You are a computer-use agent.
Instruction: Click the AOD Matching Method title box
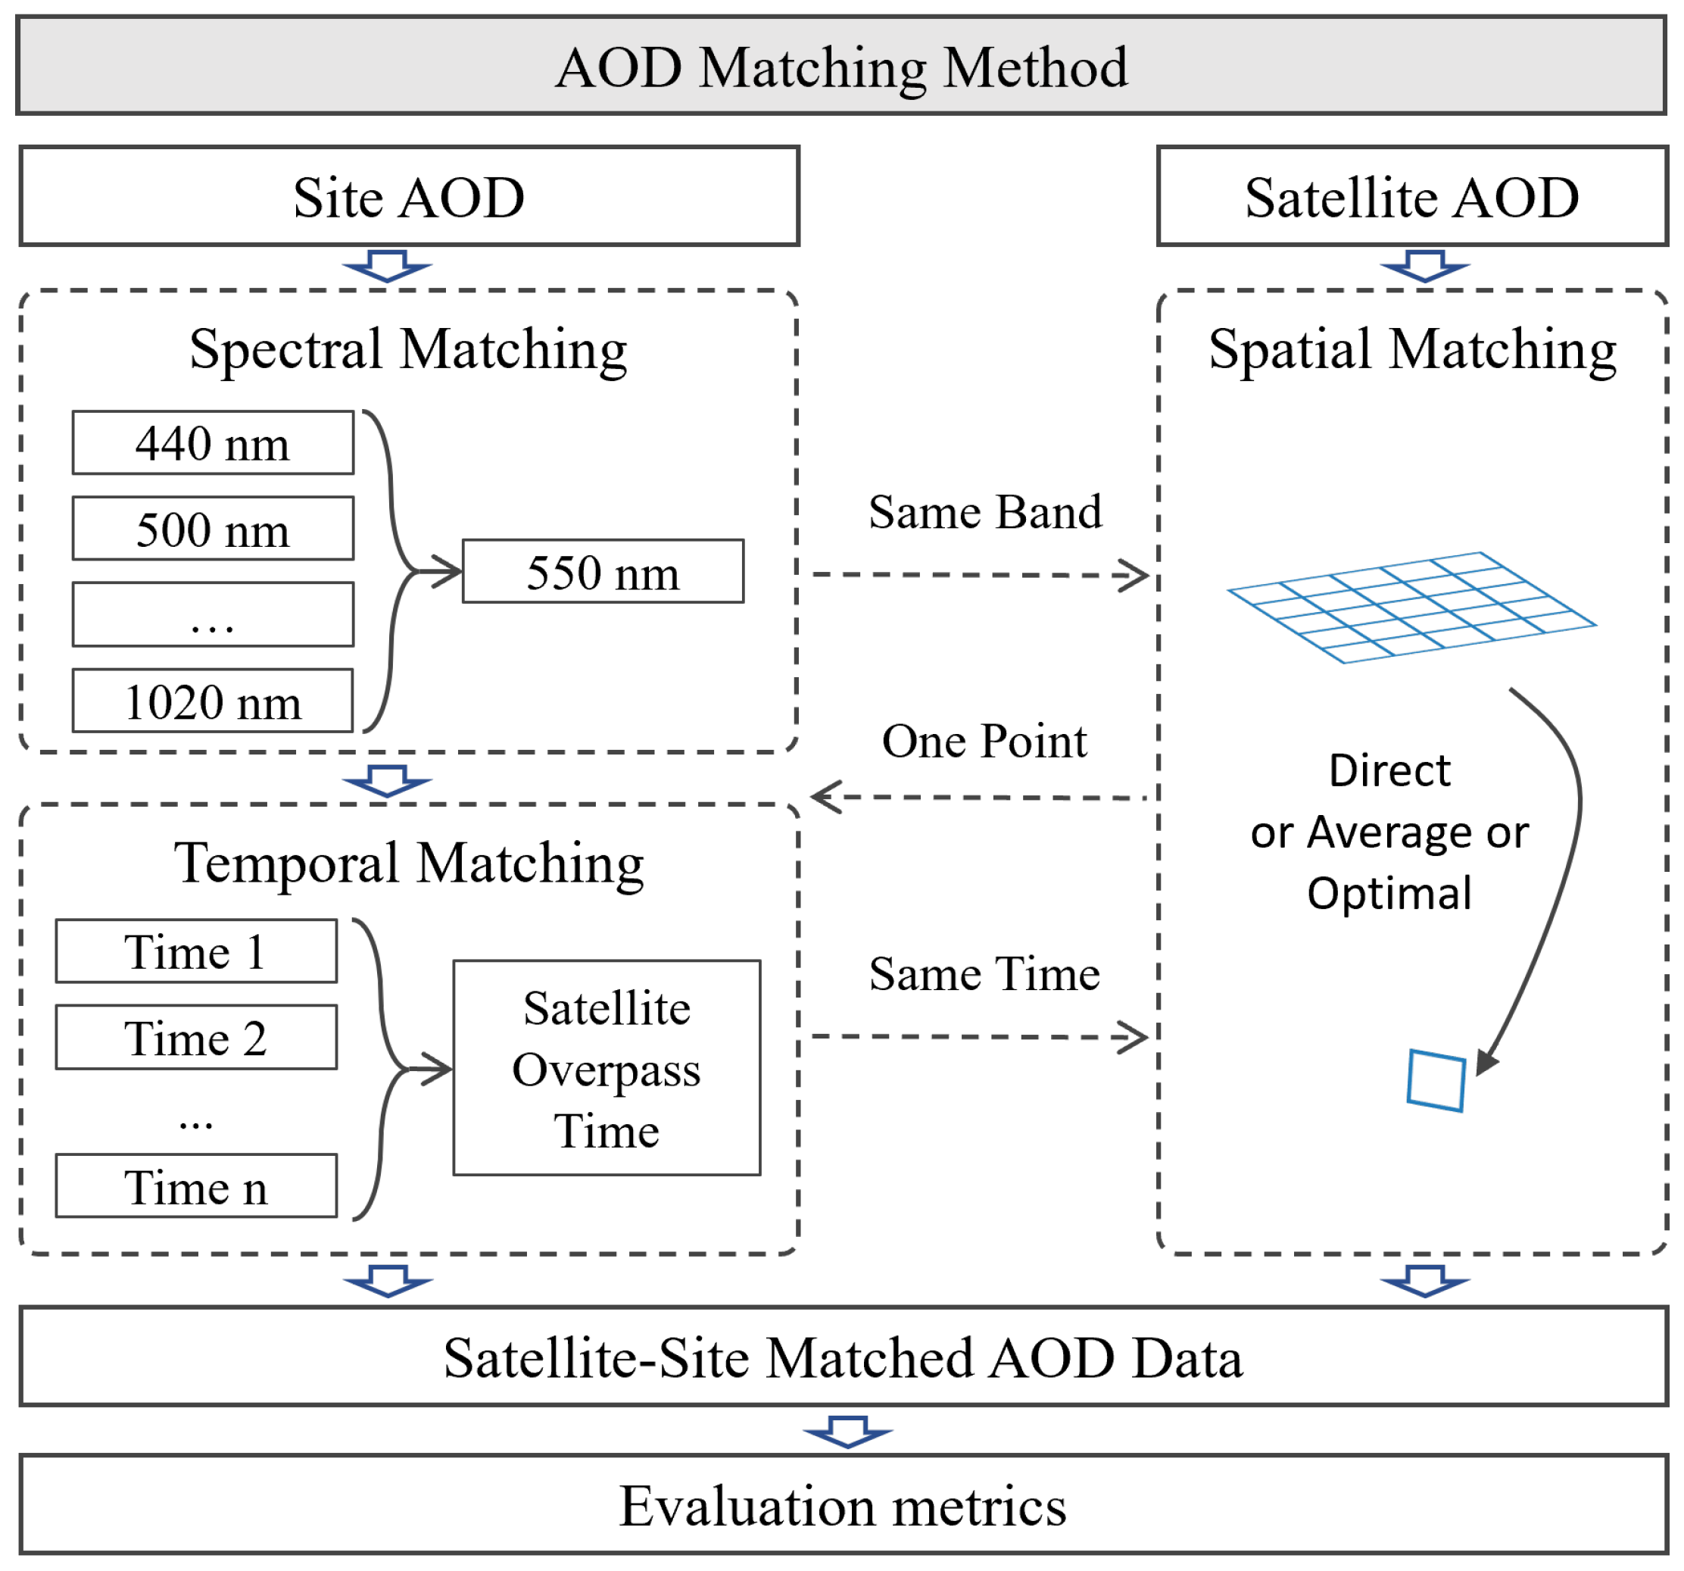click(x=841, y=66)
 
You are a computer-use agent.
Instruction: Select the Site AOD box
click(x=409, y=197)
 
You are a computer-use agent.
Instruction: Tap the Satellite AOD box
click(x=1411, y=197)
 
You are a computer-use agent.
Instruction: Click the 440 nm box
click(x=213, y=443)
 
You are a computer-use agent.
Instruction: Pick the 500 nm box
click(x=213, y=529)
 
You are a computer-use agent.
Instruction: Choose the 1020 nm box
click(x=213, y=701)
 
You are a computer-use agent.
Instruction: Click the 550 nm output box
click(x=603, y=572)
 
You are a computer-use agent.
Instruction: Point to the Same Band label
click(x=985, y=512)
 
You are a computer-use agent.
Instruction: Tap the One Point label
click(x=984, y=741)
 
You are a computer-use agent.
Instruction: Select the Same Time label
click(x=984, y=973)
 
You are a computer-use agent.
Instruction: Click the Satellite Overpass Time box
click(x=607, y=1069)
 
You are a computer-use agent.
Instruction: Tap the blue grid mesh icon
click(x=1411, y=607)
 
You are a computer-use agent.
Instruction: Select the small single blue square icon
click(x=1436, y=1080)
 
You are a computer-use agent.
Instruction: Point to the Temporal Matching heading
click(x=408, y=863)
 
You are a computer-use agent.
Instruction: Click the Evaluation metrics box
click(x=843, y=1506)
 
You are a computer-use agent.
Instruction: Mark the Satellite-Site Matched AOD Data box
click(x=843, y=1357)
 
